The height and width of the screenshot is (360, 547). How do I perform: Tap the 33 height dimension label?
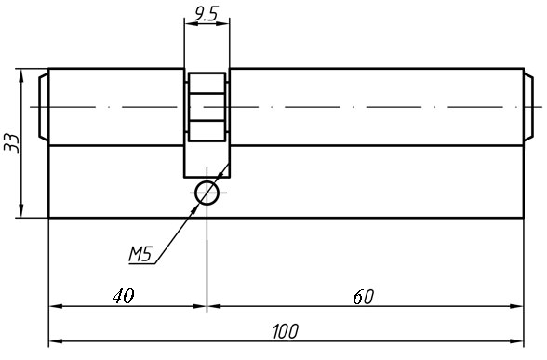11,143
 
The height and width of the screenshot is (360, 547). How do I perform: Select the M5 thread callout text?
140,252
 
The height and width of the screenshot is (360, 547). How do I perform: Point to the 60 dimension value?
364,297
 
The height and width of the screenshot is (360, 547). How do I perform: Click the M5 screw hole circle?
207,193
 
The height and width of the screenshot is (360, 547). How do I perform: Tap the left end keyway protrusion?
43,108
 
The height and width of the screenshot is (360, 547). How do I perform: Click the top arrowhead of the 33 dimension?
20,76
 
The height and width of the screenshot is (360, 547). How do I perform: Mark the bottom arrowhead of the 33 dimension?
20,211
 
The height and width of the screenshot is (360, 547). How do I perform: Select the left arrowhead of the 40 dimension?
56,305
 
